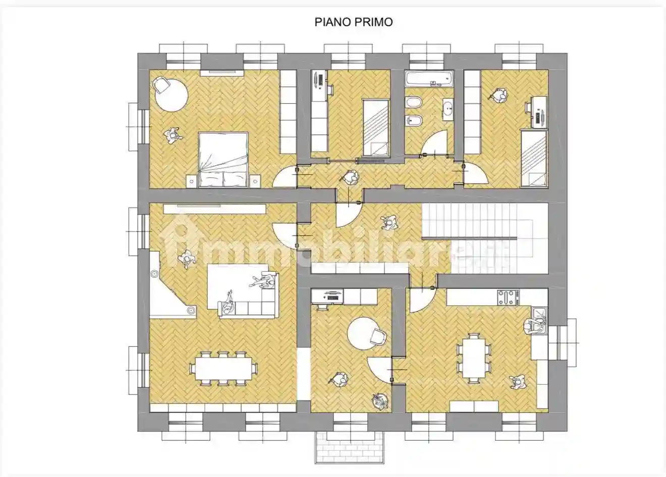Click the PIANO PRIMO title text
354,22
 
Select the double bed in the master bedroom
223,160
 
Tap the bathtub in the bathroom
429,79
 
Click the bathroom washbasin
448,108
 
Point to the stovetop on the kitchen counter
508,297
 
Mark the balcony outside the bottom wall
350,448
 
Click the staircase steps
485,239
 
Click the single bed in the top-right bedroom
534,158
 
